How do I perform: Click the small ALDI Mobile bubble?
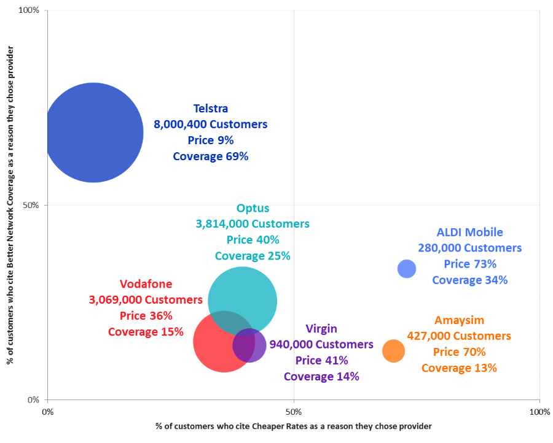[407, 268]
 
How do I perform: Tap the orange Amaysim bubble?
[393, 351]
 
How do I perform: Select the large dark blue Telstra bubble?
[93, 133]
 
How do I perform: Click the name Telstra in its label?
[211, 109]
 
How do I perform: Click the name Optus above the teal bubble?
[253, 209]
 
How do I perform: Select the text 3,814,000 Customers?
[253, 224]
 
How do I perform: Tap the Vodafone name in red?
[146, 284]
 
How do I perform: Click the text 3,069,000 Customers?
[146, 300]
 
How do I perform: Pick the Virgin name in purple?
[321, 329]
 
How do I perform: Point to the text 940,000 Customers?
[321, 345]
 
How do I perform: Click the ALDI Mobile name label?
[470, 233]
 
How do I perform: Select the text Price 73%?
[470, 264]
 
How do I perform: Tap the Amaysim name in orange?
[459, 320]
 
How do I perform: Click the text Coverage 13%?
[459, 368]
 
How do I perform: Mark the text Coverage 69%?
[211, 156]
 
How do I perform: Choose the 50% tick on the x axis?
[294, 411]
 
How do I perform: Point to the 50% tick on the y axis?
[31, 205]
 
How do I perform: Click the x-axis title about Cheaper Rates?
[294, 426]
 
